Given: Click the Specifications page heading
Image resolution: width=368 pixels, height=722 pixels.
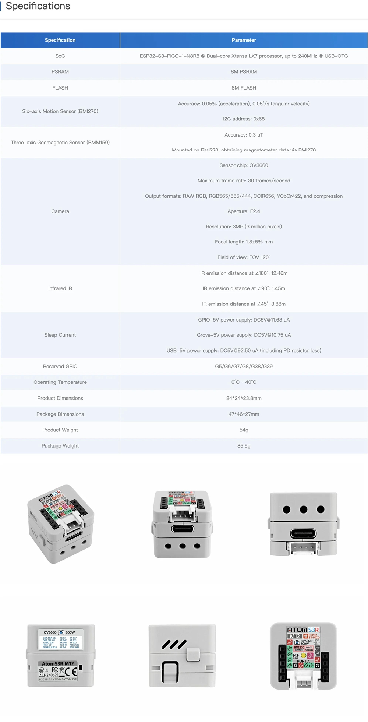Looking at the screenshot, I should coord(38,6).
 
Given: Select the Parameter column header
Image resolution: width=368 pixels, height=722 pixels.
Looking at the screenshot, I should coord(244,40).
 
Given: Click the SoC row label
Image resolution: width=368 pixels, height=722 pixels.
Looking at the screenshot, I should coord(60,56).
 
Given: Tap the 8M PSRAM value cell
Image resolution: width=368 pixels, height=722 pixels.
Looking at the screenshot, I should coord(244,72).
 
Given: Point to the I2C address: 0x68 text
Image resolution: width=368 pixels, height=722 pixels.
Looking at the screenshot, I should coord(244,119).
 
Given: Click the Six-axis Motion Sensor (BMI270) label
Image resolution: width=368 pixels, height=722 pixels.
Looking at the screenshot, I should coord(60,111).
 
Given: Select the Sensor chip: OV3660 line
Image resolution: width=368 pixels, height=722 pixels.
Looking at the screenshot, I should coord(244,165).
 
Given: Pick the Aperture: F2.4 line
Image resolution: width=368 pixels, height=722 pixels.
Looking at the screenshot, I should coord(244,211).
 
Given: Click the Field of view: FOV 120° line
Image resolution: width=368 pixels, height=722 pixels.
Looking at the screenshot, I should coord(244,257).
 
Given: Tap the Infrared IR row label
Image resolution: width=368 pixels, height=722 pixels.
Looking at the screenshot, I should coord(60,288).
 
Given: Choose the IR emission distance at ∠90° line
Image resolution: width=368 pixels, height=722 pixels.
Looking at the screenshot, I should coord(244,288).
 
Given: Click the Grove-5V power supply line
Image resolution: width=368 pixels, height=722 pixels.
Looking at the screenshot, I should coord(244,335).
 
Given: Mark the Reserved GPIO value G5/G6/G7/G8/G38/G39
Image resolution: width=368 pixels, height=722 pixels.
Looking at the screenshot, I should coord(244,367).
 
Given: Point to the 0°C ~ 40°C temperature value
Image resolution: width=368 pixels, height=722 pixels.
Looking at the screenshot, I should coord(244,382).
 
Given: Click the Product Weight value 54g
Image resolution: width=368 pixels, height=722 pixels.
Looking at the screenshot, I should coord(244,430).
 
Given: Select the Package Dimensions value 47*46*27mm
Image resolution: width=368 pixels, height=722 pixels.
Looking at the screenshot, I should coord(244,414).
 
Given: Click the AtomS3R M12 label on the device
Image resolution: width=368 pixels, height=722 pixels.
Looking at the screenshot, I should coord(58,664).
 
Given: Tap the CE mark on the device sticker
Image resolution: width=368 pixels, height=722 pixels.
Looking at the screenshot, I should coord(71,672).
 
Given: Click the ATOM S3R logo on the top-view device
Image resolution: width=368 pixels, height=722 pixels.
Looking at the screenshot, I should coord(303,630).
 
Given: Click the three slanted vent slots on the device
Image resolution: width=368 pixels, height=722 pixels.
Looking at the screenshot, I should coord(174,644).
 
